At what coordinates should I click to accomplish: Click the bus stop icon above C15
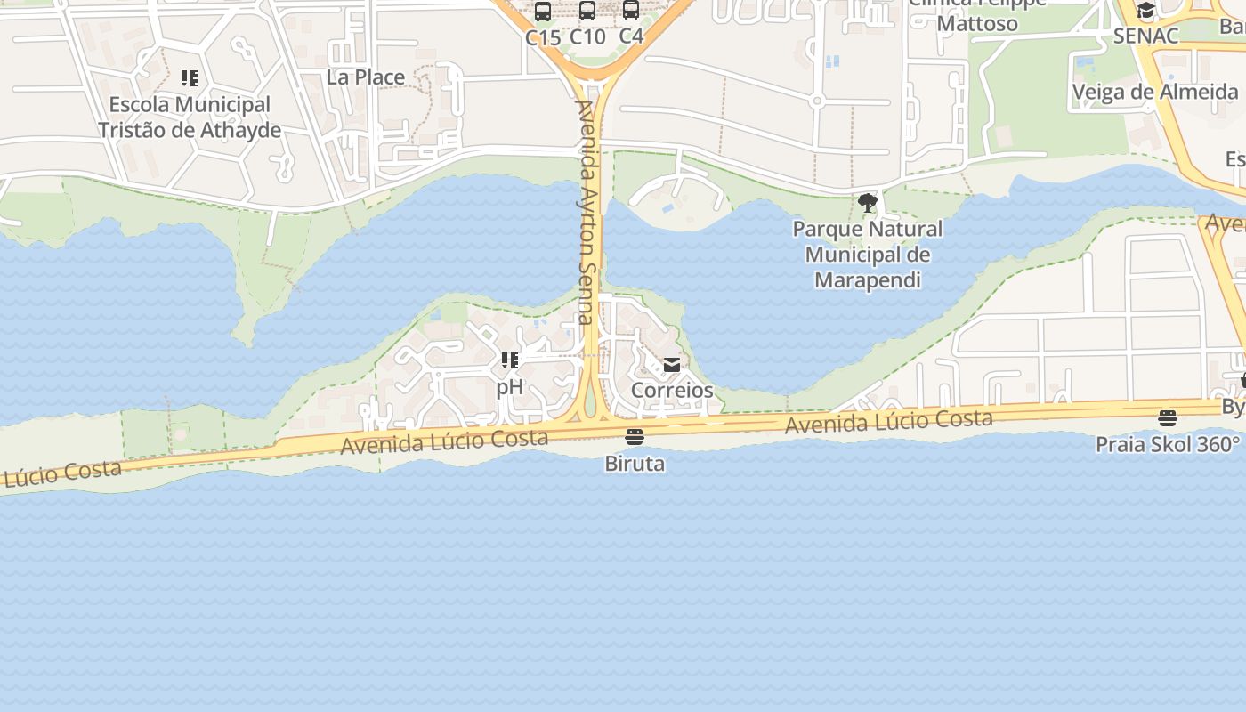click(x=542, y=12)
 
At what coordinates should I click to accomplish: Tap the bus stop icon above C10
click(x=587, y=11)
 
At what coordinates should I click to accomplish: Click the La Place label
click(x=365, y=77)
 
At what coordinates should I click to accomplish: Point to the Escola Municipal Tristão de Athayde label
click(x=190, y=117)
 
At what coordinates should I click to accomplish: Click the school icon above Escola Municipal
click(x=190, y=78)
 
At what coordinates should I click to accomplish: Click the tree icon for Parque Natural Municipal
click(x=868, y=203)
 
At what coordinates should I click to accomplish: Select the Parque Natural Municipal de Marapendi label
click(x=868, y=255)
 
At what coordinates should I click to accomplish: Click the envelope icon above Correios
click(x=672, y=365)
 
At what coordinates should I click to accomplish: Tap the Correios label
click(x=672, y=390)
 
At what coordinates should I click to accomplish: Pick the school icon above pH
click(x=510, y=360)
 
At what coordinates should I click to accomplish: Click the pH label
click(x=510, y=387)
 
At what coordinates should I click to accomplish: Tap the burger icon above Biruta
click(x=635, y=437)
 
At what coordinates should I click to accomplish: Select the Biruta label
click(x=635, y=464)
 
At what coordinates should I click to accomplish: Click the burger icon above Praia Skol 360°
click(x=1168, y=418)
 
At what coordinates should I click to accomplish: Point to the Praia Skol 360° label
click(x=1168, y=444)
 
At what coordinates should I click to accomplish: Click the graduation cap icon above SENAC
click(x=1146, y=12)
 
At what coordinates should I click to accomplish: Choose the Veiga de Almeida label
click(x=1155, y=92)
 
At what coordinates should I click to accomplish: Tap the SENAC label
click(x=1146, y=36)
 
